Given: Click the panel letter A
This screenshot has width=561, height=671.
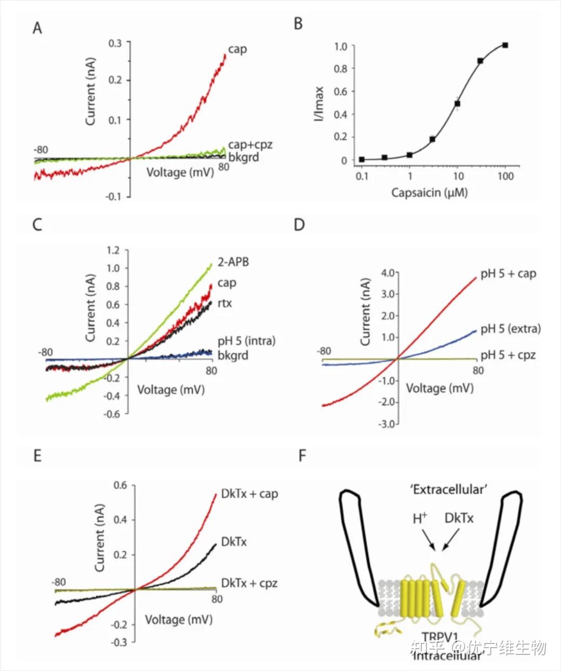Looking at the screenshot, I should [37, 28].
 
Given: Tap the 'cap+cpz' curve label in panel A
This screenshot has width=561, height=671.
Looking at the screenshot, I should [250, 144].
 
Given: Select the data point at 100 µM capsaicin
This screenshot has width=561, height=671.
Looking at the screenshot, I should [505, 46].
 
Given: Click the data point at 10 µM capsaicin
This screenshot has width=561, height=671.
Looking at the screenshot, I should [457, 104].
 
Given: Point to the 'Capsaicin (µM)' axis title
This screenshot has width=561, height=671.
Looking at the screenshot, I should [429, 193].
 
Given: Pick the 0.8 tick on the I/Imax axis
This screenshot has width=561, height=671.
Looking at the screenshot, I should [340, 69].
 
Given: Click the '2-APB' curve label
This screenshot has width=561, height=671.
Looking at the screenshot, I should [233, 262].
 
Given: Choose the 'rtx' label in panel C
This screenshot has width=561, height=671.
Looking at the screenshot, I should [224, 303].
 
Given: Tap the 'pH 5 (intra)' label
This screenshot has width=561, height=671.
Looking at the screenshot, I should [246, 341].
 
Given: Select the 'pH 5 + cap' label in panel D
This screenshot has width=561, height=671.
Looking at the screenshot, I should [508, 274].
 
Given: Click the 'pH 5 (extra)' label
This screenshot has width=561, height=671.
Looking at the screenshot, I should [510, 329].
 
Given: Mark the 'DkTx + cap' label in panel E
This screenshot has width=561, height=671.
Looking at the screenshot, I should [249, 493].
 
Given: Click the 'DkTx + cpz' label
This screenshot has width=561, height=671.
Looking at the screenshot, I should [249, 583].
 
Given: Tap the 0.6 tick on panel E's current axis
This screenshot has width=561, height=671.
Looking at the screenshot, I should [120, 486].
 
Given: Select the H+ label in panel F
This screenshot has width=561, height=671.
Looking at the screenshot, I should [420, 518].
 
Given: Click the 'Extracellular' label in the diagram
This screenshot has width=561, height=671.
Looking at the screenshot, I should [448, 490].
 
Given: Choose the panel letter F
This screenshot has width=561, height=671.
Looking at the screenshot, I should [302, 456].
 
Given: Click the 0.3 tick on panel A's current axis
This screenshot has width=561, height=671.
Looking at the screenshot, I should [115, 43].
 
